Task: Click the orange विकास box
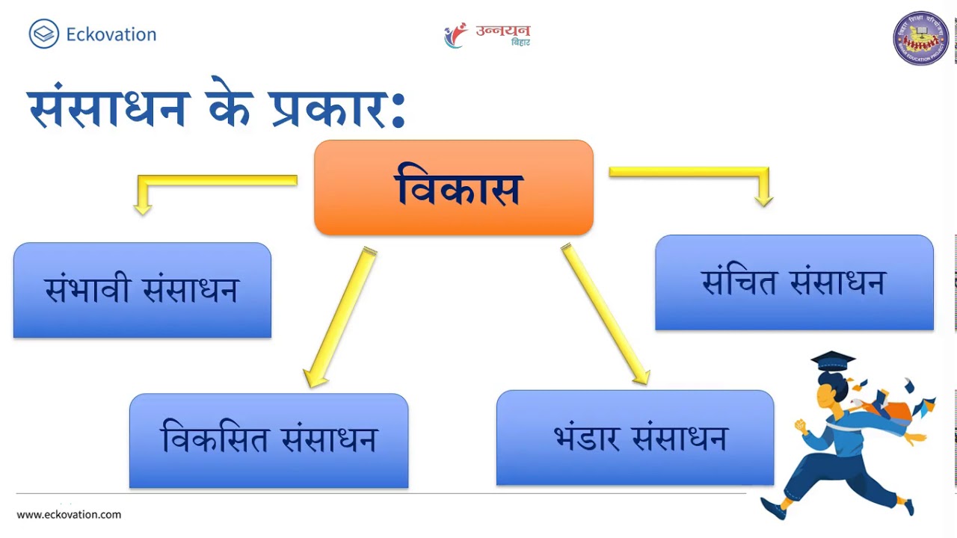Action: click(453, 188)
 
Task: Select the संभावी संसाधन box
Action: click(142, 290)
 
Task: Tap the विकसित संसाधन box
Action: click(268, 440)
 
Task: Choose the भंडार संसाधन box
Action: click(635, 437)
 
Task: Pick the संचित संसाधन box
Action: click(794, 282)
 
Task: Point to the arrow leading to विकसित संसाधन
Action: click(341, 318)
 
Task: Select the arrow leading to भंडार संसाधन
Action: click(605, 315)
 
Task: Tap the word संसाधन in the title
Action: click(108, 106)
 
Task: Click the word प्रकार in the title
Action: click(329, 108)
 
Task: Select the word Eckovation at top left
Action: click(111, 34)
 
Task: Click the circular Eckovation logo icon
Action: click(43, 34)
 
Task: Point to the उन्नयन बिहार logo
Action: click(487, 35)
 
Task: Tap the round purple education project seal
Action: click(920, 38)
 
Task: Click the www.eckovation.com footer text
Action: click(69, 514)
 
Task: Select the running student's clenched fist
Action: click(801, 427)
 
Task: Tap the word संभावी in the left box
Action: click(87, 290)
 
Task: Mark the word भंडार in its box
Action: click(586, 437)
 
